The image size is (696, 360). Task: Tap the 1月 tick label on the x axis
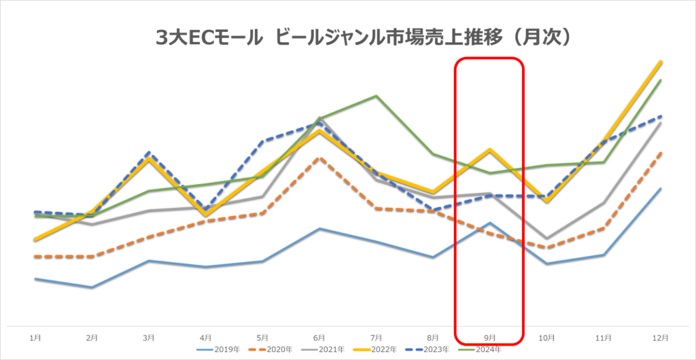point(35,338)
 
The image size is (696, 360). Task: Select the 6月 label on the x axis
point(319,338)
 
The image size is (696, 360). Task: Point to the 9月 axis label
point(490,338)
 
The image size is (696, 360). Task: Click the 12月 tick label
point(661,338)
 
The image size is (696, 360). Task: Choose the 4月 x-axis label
point(205,338)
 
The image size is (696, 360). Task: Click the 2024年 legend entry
point(487,350)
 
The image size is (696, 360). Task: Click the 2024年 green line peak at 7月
point(377,96)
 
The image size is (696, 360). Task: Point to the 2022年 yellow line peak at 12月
point(661,62)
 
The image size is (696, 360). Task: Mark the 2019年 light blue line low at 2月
point(92,287)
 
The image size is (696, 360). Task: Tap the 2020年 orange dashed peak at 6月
point(319,158)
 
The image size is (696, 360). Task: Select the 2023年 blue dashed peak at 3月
point(149,153)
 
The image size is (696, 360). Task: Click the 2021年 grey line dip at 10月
point(547,239)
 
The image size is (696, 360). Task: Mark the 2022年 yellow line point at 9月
point(490,149)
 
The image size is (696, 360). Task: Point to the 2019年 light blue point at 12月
point(661,189)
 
